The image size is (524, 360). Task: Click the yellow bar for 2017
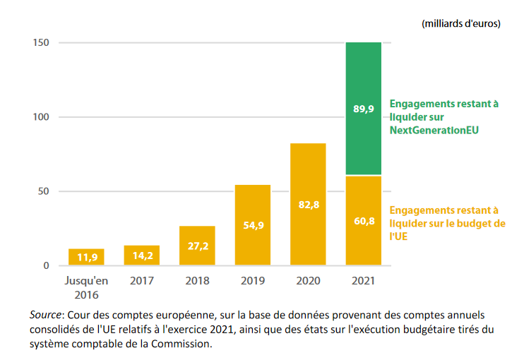tap(141, 256)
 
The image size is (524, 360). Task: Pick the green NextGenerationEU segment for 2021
tap(363, 108)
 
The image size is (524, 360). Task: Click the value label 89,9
tap(363, 109)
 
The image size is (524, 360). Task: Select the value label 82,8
tap(308, 205)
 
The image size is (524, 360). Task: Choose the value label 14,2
tap(141, 257)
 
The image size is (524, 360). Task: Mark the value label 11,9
tap(86, 258)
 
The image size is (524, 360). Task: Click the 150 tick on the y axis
tap(40, 43)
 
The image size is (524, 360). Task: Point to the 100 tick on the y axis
tap(40, 117)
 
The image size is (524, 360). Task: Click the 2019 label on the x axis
tap(252, 280)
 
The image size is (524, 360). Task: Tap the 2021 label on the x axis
tap(363, 280)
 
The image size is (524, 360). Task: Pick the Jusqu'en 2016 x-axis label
tap(86, 287)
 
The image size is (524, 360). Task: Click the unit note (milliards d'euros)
tap(460, 23)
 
